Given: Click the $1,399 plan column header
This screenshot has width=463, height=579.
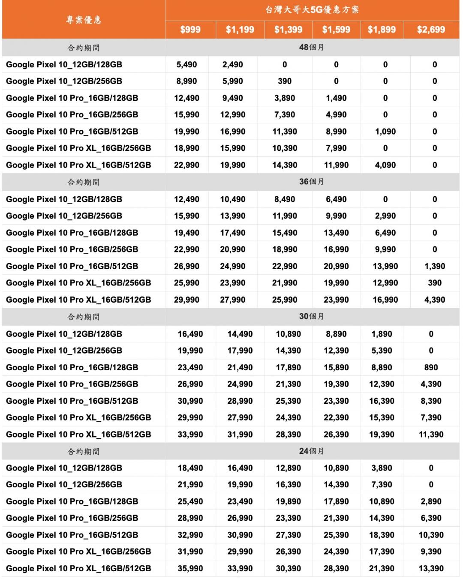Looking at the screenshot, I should [288, 30].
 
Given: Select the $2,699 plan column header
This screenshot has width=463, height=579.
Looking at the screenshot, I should [431, 30].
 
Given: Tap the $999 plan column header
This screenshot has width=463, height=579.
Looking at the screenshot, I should [190, 30].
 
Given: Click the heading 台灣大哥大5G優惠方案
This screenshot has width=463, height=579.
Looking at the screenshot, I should [312, 10].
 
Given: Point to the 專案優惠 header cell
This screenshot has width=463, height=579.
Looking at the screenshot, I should [84, 20].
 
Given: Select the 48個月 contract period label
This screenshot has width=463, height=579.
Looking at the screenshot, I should [312, 48].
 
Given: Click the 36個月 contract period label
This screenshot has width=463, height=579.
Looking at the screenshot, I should [312, 182].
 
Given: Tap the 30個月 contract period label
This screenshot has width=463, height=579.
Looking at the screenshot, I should [312, 316].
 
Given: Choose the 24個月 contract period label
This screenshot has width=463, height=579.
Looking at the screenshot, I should [312, 451].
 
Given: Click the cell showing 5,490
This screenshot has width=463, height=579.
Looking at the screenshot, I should [186, 65].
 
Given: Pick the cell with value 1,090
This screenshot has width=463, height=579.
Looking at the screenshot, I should [385, 132].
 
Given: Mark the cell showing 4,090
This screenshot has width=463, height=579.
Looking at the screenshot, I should [385, 165].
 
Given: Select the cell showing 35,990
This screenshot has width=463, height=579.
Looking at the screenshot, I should [190, 569].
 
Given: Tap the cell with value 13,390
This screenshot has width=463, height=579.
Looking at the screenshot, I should [431, 569].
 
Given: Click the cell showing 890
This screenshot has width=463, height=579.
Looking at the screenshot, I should [431, 367].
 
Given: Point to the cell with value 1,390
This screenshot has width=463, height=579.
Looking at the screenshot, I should [435, 266].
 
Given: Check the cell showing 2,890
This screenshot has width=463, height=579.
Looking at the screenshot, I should [431, 501].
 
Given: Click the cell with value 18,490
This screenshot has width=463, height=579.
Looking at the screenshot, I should [190, 468].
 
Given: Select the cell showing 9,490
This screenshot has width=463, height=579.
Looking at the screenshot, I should [233, 98].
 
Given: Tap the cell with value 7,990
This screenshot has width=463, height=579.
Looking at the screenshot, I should [336, 148].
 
